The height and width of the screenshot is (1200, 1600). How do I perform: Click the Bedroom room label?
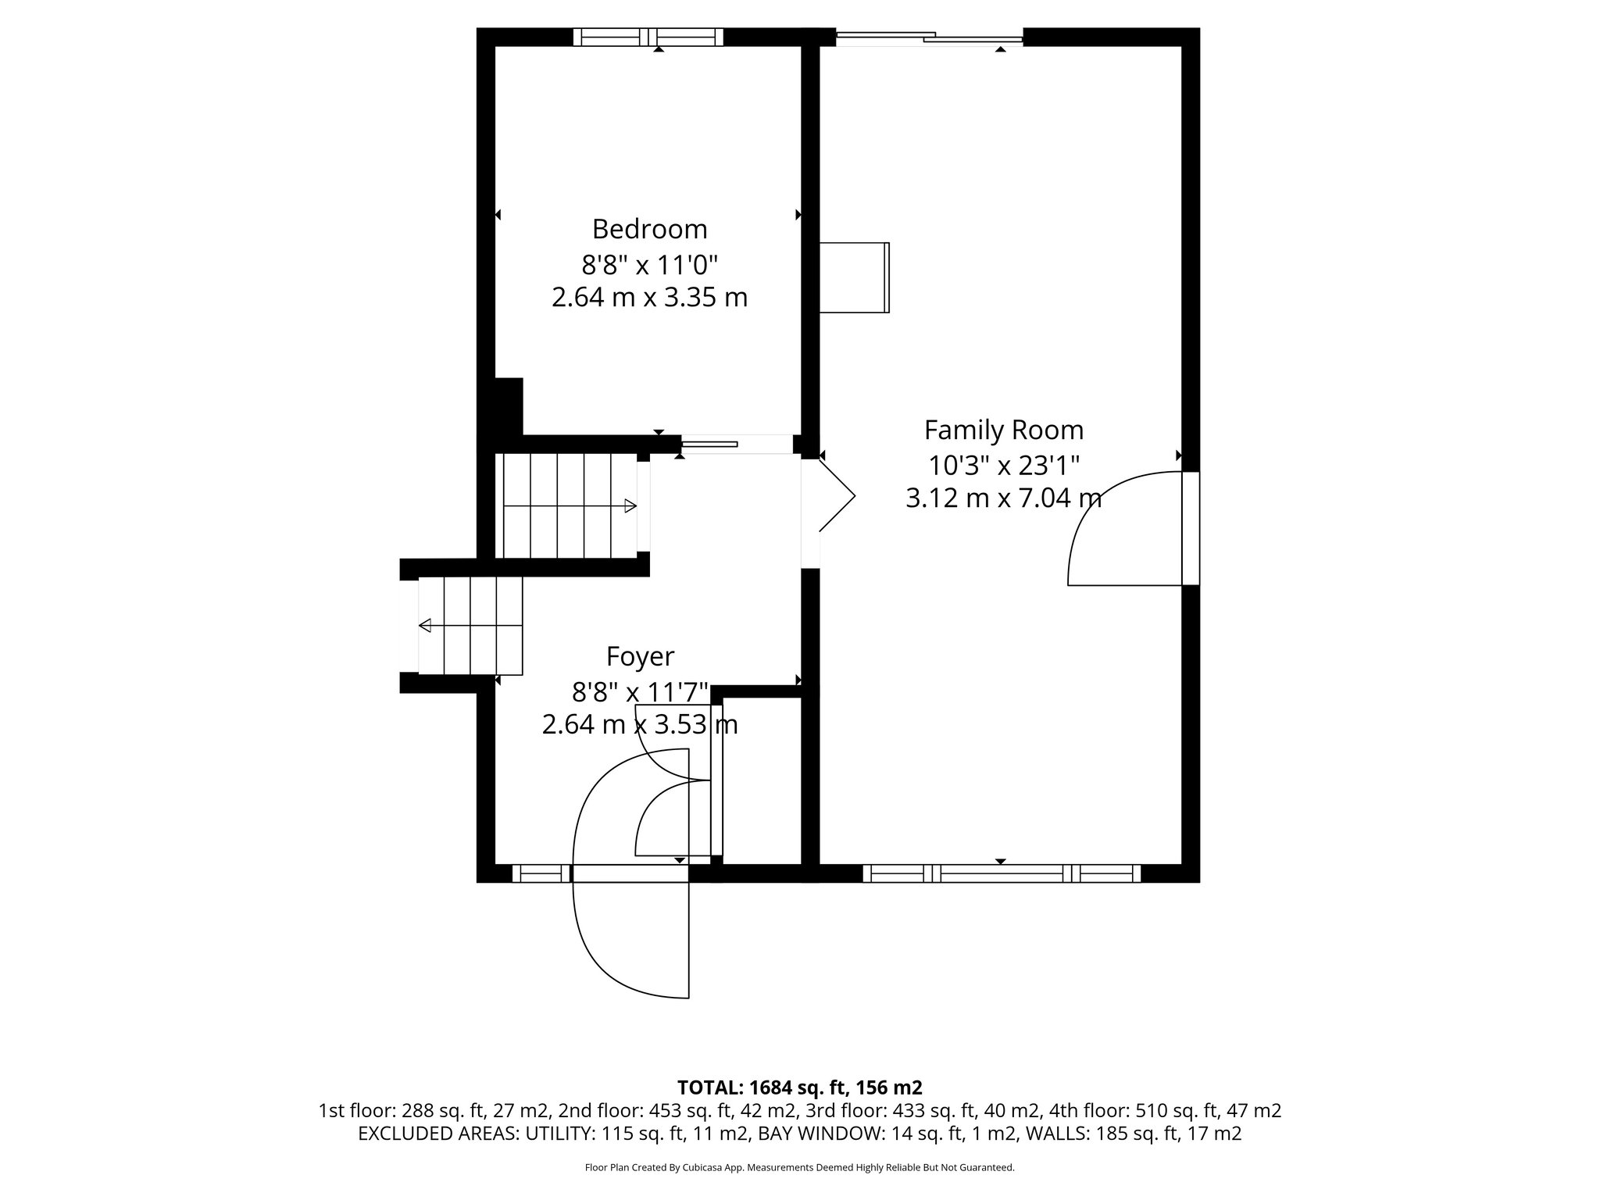649,229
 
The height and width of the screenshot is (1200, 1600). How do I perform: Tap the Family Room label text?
1003,430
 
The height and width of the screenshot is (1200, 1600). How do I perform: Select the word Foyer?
640,657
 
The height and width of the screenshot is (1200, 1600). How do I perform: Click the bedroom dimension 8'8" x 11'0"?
649,265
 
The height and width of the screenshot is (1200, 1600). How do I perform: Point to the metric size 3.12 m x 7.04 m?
1003,498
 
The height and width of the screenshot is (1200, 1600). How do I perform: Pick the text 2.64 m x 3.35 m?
649,298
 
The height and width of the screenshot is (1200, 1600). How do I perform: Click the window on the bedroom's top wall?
648,37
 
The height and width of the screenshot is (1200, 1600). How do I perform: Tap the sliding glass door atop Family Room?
928,37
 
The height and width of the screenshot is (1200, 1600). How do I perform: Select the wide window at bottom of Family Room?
1001,873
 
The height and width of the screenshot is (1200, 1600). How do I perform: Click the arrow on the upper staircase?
630,505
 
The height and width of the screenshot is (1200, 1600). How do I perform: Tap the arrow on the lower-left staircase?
426,625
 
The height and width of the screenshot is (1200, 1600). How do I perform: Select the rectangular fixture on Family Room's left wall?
854,278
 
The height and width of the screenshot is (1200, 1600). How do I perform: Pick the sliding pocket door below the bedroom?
709,445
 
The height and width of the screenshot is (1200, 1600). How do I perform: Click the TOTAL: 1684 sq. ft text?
799,1087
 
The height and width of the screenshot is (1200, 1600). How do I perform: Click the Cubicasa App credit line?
799,1168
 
